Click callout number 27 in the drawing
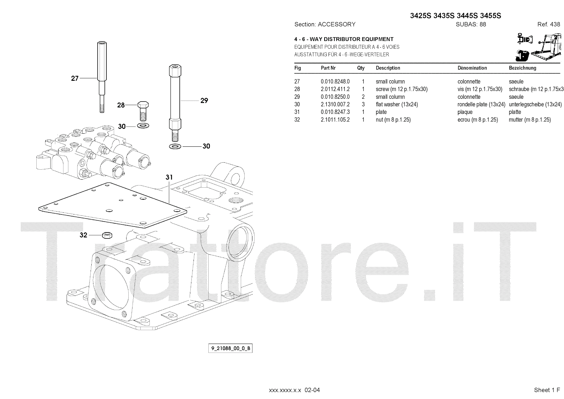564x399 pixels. point(74,78)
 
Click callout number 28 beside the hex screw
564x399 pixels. point(121,105)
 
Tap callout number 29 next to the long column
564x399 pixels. point(204,101)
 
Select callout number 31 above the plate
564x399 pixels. point(169,177)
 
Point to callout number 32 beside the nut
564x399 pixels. point(83,235)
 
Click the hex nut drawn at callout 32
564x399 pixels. point(105,235)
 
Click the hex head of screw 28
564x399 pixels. point(142,105)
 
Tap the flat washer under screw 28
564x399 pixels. point(142,126)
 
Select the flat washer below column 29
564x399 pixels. point(175,146)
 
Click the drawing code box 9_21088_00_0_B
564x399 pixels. point(231,349)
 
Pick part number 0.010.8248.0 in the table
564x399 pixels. point(335,81)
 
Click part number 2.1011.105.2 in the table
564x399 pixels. point(335,120)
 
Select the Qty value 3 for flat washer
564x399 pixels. point(363,104)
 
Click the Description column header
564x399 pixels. point(388,68)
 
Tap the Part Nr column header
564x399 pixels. point(328,68)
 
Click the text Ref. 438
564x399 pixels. point(548,24)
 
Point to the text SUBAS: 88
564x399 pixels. point(471,24)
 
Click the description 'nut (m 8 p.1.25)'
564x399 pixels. point(393,120)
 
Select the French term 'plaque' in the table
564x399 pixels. point(465,112)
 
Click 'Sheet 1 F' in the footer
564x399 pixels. point(547,390)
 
